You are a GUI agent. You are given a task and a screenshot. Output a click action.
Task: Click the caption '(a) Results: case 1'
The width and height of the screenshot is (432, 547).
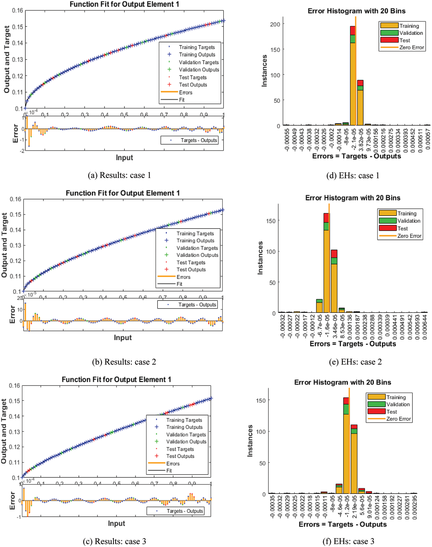click(119, 175)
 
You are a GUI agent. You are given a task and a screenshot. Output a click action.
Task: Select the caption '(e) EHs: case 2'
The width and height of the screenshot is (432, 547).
click(355, 362)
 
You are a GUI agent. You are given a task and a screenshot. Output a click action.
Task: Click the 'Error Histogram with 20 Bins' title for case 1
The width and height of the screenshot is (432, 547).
click(356, 11)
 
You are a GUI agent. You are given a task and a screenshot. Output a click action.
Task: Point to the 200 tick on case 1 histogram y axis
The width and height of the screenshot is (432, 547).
click(275, 24)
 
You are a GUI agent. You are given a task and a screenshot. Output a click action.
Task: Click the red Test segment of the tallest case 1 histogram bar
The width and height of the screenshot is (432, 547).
click(353, 31)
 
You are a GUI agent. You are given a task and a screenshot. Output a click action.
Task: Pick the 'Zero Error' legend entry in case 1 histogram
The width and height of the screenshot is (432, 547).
click(411, 47)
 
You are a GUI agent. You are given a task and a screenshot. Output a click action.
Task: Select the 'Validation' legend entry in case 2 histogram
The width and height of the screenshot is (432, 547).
click(409, 221)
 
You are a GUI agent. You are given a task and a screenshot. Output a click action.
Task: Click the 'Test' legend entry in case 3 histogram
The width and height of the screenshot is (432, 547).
click(392, 412)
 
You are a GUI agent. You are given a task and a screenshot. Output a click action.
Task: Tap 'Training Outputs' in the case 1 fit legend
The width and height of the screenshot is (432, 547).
click(197, 54)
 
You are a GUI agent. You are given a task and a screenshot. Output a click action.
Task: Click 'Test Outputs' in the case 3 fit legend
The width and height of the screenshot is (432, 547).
click(180, 456)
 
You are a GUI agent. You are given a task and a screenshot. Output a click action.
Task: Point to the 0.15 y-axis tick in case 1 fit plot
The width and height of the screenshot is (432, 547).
click(18, 27)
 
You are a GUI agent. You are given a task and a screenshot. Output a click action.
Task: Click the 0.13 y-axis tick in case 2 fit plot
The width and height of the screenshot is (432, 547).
click(15, 245)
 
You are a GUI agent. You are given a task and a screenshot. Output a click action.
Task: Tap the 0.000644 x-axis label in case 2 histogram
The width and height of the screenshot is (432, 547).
click(425, 327)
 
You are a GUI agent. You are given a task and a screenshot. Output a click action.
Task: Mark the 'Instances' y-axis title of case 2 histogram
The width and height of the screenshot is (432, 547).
click(260, 258)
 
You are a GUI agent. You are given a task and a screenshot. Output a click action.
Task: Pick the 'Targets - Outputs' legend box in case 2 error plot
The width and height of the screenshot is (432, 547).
click(187, 304)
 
